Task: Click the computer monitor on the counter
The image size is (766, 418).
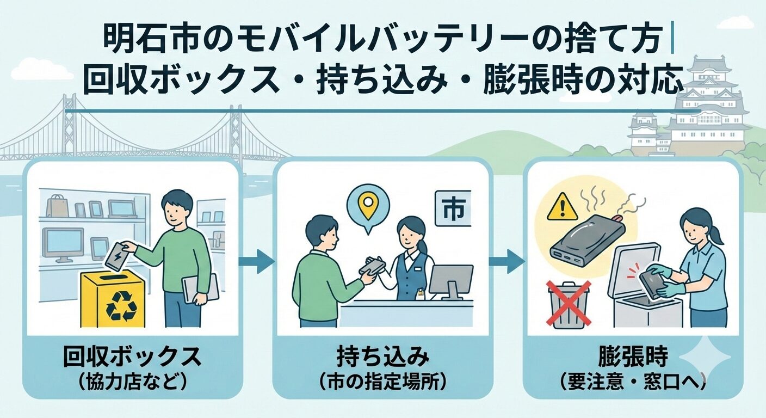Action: pyautogui.click(x=450, y=280)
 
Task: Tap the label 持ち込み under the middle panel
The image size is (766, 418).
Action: pyautogui.click(x=382, y=358)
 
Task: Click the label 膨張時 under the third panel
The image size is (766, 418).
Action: pyautogui.click(x=633, y=358)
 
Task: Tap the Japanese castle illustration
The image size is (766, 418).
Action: pyautogui.click(x=702, y=109)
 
